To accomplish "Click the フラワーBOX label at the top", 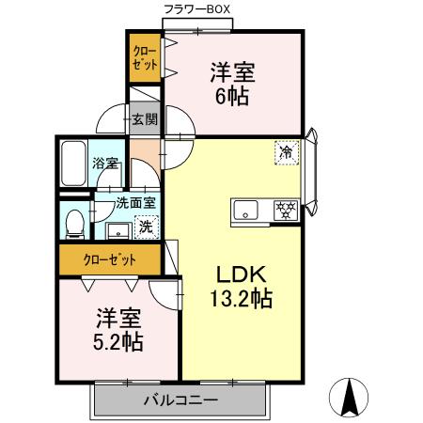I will point(196,9).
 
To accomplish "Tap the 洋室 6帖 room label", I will point(231,84).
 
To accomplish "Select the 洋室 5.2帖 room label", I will point(117,329).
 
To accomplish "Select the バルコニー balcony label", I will point(180,400).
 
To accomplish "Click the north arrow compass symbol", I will point(352,397).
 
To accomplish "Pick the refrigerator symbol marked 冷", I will point(285,150).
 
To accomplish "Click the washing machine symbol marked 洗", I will point(146,226).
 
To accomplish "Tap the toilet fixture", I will point(76,222).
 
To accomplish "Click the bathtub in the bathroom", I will point(73,164).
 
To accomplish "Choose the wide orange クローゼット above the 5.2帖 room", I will point(110,259).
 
